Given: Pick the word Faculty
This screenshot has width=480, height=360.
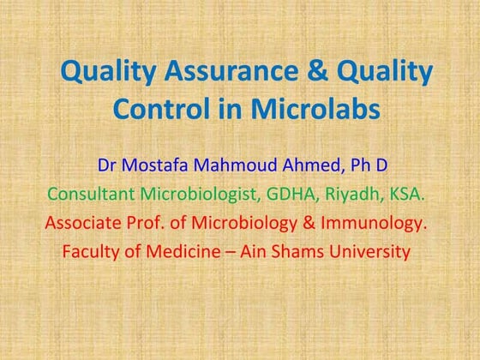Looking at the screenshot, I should (x=91, y=253).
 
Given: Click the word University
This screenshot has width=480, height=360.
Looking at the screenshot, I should (x=374, y=253).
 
